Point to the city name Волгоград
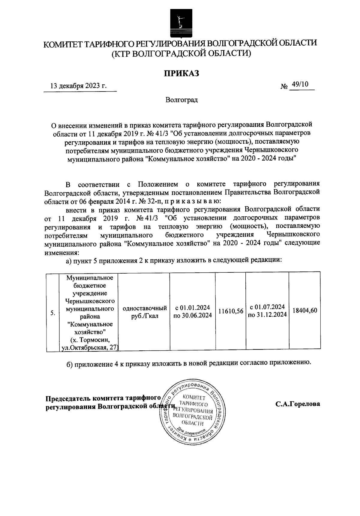[x=181, y=100]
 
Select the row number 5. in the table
[x=52, y=313]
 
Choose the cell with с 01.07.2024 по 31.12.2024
[x=267, y=311]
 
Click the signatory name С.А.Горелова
[x=298, y=404]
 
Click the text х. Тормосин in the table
[x=90, y=340]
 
